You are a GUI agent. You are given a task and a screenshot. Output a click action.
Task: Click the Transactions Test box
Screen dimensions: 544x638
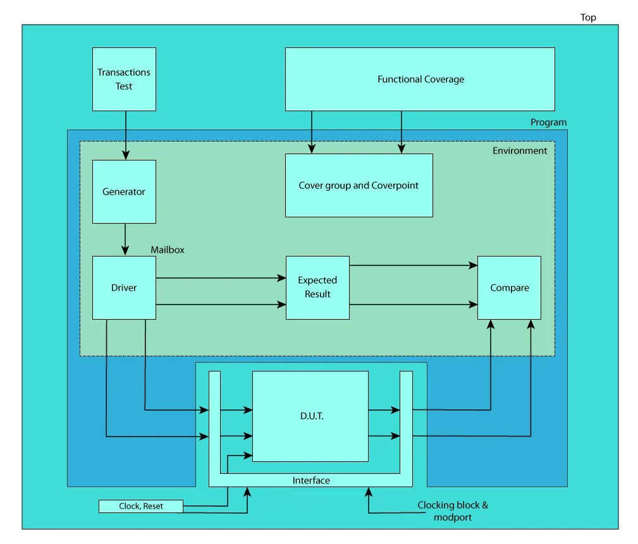click(124, 80)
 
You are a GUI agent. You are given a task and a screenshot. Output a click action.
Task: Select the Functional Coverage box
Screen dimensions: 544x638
click(420, 80)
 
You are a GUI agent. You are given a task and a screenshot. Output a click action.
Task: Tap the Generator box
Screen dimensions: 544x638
click(124, 191)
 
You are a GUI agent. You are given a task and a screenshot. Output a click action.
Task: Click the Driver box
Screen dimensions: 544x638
click(124, 287)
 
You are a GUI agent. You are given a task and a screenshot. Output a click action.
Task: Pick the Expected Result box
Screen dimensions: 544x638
click(317, 287)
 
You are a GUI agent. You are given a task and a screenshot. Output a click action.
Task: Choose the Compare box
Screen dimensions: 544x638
click(509, 287)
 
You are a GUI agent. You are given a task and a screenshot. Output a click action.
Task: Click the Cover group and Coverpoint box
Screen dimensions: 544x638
click(359, 185)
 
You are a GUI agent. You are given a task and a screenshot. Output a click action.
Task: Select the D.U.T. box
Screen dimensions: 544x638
click(310, 416)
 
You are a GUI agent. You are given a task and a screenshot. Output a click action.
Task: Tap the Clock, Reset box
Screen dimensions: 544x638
click(141, 506)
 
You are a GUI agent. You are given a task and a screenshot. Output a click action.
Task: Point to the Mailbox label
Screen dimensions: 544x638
click(168, 250)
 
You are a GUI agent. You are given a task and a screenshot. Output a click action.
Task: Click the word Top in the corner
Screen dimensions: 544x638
click(588, 17)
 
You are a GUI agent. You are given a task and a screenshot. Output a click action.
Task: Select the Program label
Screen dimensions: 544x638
click(548, 122)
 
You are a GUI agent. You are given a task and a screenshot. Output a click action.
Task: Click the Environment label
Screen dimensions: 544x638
click(520, 150)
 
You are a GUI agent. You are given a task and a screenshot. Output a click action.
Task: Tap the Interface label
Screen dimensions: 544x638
click(311, 480)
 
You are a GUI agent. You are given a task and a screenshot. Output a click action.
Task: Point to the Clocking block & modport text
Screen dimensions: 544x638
click(453, 511)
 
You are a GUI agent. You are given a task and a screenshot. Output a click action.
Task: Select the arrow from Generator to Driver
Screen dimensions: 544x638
click(125, 239)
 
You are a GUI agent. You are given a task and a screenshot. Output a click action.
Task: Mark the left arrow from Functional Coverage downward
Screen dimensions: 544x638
click(311, 132)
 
